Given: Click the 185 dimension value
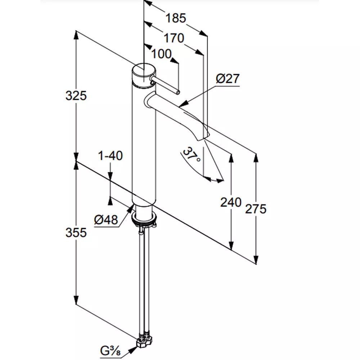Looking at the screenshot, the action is pos(176,18).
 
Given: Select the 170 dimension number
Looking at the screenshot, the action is pos(174,38).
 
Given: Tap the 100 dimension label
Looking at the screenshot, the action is pos(161,54).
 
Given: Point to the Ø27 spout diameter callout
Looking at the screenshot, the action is pos(228,78).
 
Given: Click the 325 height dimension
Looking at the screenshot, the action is pos(76,95).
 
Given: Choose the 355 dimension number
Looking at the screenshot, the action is pos(76,232).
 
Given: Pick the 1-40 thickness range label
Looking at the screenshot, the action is pos(110,156).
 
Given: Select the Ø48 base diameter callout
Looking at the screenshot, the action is pos(106,220).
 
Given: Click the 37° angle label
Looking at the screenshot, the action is pos(192,154).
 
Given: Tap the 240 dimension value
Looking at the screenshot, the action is pos(231,202).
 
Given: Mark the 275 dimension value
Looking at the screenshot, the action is pos(256,209).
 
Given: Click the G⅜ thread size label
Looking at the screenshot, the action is pos(110,351).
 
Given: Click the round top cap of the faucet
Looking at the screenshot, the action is pos(144,70).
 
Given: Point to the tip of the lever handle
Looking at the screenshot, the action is pos(178,92).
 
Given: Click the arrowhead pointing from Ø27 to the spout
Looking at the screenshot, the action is pos(183,104).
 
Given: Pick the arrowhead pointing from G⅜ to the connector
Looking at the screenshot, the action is pos(133,350).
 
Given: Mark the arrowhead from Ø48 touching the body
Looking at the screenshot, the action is pos(132,208).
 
